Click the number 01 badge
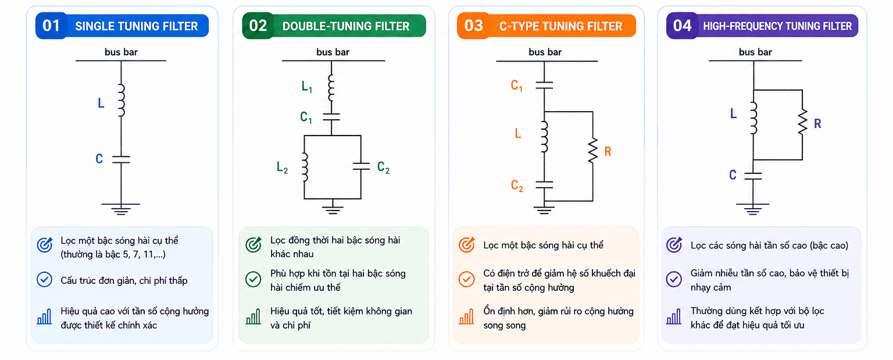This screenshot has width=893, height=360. [51, 26]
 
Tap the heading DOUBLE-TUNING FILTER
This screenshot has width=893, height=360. [346, 26]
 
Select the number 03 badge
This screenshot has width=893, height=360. [473, 26]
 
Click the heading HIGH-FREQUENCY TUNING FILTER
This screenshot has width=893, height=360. [777, 26]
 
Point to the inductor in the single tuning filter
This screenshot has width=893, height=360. [122, 100]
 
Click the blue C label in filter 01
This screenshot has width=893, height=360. [99, 159]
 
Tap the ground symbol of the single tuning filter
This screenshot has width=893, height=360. [121, 209]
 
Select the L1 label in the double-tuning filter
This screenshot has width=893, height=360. [306, 87]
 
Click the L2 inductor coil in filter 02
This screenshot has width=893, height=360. [305, 167]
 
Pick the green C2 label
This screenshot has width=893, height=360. [383, 167]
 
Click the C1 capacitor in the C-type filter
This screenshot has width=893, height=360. [544, 85]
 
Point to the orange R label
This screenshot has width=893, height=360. [608, 151]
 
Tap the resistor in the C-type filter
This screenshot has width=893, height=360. [593, 150]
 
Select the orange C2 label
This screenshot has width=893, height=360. [517, 186]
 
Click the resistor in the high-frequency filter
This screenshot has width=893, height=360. [802, 122]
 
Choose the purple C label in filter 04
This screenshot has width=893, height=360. [733, 175]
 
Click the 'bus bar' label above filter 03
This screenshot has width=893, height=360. [545, 52]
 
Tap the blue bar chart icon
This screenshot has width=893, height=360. [45, 316]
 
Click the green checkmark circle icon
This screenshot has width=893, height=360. [253, 279]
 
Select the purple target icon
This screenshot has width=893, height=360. [674, 245]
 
